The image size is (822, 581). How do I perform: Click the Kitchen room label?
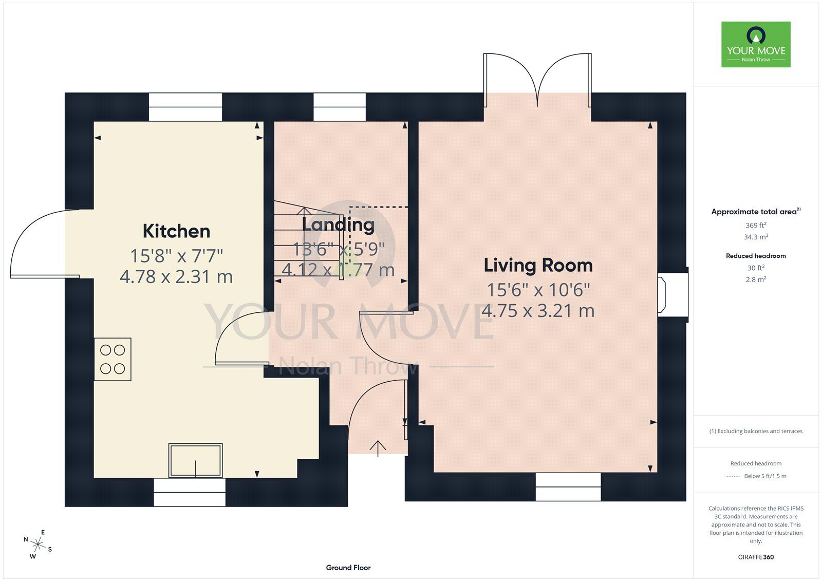pos(176,231)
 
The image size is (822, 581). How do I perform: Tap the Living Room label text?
pos(538,266)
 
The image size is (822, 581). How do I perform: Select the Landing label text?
pos(338,225)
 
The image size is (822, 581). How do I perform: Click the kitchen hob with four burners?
pos(113,359)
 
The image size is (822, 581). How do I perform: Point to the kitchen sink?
pos(195,460)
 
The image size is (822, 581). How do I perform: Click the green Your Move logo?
pos(756,44)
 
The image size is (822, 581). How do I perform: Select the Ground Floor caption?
pos(348,568)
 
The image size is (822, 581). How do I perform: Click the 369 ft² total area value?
pos(756,226)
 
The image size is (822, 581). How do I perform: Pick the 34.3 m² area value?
pos(756,237)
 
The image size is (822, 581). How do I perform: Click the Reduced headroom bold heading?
pos(756,256)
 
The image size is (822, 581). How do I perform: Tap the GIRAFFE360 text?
pos(756,557)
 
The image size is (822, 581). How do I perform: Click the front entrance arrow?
pos(378,448)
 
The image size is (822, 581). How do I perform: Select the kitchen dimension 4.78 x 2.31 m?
pos(176,277)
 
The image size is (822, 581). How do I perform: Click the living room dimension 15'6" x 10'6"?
pos(538,290)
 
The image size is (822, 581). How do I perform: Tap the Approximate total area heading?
pos(756,212)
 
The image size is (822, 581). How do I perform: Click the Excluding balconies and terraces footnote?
pos(756,431)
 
